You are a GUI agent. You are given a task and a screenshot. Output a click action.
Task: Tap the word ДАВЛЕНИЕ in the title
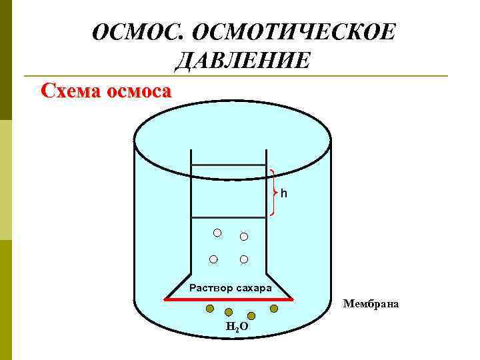pyautogui.click(x=242, y=61)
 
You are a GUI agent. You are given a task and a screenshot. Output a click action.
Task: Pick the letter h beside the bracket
pyautogui.click(x=284, y=193)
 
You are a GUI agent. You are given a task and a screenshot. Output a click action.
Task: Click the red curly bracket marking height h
pyautogui.click(x=274, y=193)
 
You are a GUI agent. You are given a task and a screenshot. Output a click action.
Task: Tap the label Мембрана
pyautogui.click(x=371, y=304)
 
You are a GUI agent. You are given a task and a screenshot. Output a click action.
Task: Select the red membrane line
pyautogui.click(x=229, y=299)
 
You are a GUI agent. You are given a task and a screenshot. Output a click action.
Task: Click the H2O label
pyautogui.click(x=237, y=327)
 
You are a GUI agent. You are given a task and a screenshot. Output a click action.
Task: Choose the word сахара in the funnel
pyautogui.click(x=253, y=288)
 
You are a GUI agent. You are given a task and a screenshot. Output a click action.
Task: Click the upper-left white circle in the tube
pyautogui.click(x=217, y=233)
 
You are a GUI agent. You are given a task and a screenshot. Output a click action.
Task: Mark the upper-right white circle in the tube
pyautogui.click(x=244, y=237)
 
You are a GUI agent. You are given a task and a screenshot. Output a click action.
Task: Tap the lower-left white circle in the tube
pyautogui.click(x=213, y=259)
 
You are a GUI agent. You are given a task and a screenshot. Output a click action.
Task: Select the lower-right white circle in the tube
pyautogui.click(x=244, y=259)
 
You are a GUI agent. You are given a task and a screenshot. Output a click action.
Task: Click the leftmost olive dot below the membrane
pyautogui.click(x=209, y=309)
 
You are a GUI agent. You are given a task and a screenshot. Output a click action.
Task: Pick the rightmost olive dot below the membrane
pyautogui.click(x=273, y=309)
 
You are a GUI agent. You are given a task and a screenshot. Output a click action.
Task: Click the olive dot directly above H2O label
pyautogui.click(x=229, y=312)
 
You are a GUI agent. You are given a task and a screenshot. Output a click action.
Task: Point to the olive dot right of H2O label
pyautogui.click(x=251, y=315)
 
